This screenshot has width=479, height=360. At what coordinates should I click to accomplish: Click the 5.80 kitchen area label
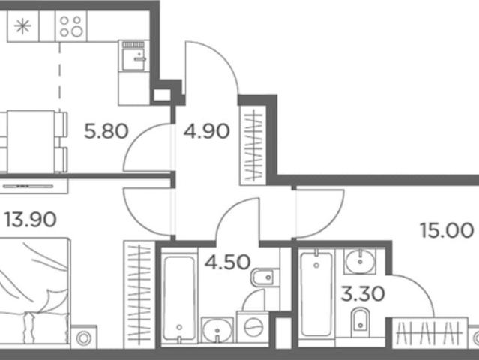tap(106, 131)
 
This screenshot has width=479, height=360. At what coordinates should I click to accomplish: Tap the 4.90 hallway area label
tap(206, 131)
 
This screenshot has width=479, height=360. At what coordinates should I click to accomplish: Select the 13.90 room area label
tap(30, 220)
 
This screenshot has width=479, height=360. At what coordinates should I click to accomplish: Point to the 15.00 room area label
tap(447, 230)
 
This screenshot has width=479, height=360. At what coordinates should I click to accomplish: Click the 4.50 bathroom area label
tap(228, 262)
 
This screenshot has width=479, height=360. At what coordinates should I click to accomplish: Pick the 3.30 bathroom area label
tap(363, 293)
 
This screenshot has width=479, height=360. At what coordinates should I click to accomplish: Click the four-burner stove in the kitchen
tap(71, 26)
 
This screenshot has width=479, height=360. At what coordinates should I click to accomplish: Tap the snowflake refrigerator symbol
tap(23, 26)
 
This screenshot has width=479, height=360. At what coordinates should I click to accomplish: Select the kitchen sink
tap(133, 56)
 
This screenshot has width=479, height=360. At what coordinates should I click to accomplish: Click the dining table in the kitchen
tap(31, 142)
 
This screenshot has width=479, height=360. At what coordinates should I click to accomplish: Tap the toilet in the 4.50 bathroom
tap(265, 277)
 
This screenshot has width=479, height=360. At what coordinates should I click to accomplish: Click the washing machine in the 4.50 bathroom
tap(253, 328)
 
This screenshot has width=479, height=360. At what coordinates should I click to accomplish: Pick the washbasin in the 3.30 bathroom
tap(360, 261)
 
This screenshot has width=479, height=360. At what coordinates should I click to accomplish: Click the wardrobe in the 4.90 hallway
tap(253, 145)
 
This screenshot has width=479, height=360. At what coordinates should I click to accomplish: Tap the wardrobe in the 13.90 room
tap(139, 295)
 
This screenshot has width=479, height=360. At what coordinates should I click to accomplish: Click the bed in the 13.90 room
tap(34, 292)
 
